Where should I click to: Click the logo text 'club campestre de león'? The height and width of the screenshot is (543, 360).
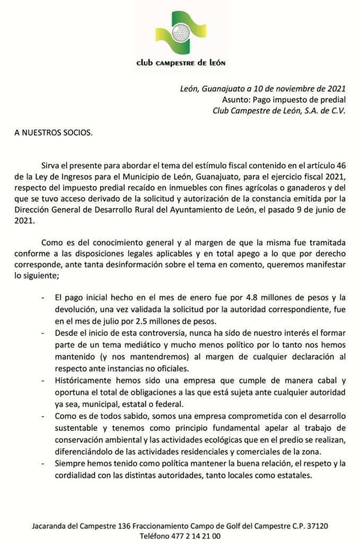coord(181,63)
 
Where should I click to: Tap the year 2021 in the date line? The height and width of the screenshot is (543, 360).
coord(336,88)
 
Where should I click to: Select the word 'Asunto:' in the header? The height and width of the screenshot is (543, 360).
coord(236,99)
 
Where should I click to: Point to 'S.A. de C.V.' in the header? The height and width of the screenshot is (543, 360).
coord(323,110)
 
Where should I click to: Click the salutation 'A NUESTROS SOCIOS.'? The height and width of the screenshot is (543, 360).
coord(54,133)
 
